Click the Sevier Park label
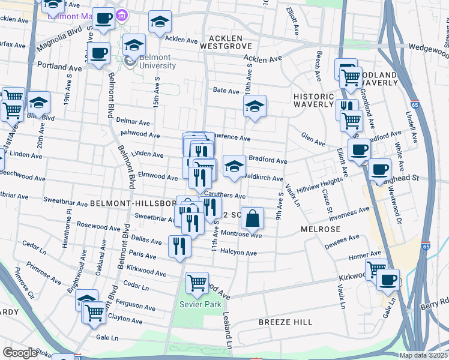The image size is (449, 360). coord(196,304)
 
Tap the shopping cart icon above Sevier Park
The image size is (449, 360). coord(197,283)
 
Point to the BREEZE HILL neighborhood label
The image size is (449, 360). coord(285,322)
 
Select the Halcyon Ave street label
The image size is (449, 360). coord(238,253)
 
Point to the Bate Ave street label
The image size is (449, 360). coord(226,91)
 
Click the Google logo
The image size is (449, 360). coord(20,353)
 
